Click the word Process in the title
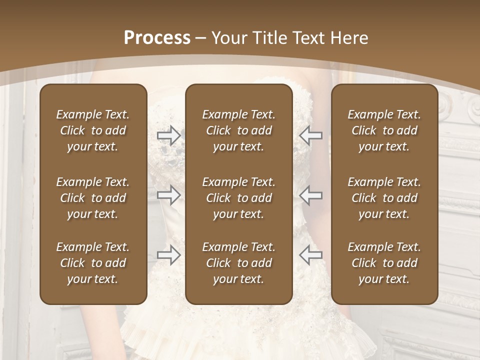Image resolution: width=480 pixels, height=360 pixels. tap(157, 37)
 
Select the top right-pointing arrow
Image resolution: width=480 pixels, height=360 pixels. tap(168, 135)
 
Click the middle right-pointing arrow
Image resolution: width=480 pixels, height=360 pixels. tap(168, 195)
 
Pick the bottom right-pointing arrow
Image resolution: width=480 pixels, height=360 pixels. tap(168, 254)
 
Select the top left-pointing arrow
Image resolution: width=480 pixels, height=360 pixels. tap(311, 135)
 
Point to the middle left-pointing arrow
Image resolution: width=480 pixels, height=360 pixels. tap(311, 195)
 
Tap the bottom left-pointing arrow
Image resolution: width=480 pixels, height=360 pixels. tap(311, 254)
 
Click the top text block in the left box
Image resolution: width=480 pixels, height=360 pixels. tap(93, 130)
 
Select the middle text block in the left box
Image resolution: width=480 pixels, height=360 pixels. tap(93, 198)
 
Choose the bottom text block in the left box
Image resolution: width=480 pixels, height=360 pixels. tap(93, 263)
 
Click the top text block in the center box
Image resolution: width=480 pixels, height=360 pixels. tap(238, 130)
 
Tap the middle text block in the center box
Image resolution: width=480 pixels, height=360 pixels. tap(238, 198)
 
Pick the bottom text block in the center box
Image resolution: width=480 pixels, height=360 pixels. tap(238, 263)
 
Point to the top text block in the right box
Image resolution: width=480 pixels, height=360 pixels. tap(384, 130)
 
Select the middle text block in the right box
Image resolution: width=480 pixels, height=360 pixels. tap(384, 198)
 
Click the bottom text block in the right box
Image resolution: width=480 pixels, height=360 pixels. tap(384, 263)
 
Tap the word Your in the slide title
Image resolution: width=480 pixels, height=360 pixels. tap(227, 37)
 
